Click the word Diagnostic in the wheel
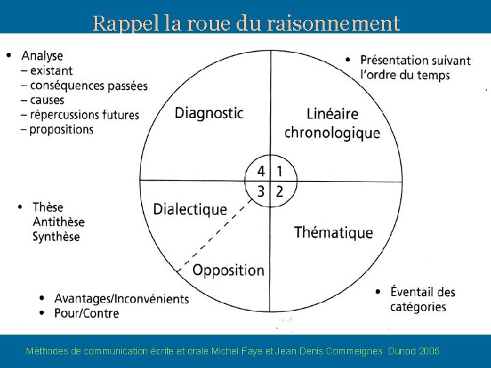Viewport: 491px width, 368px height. tap(209, 112)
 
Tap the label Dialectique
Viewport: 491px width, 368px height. tap(190, 209)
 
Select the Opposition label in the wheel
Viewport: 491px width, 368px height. tap(228, 271)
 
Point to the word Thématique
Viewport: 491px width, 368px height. tap(333, 233)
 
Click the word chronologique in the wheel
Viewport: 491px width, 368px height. tap(332, 132)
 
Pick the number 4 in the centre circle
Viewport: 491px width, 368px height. tap(261, 171)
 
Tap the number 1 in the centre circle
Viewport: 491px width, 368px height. tap(280, 171)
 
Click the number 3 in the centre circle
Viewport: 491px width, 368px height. tap(261, 191)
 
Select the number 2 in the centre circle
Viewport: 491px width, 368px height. tap(280, 191)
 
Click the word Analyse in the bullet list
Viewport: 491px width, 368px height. tap(42, 56)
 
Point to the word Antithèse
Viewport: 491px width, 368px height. tap(59, 222)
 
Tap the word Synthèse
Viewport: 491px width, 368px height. tap(56, 237)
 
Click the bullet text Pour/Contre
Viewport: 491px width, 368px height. tap(87, 313)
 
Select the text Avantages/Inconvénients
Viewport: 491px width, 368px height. tap(121, 298)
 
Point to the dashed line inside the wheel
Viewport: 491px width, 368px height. tap(211, 236)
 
